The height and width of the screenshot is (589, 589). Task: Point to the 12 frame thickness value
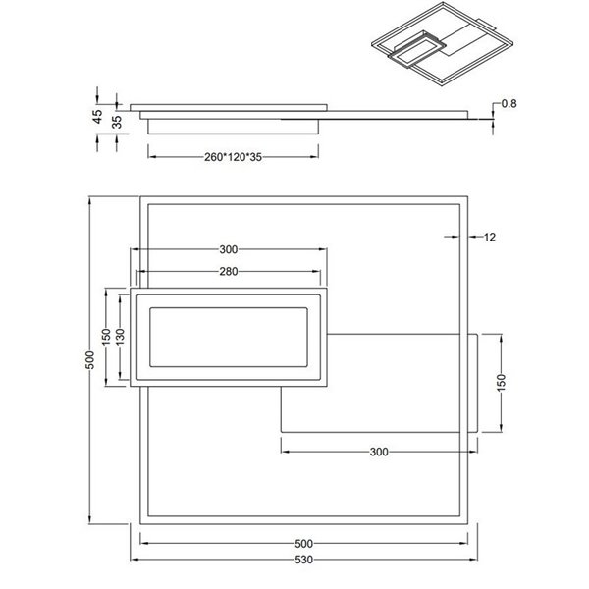(x=491, y=237)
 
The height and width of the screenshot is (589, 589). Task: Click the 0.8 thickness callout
(x=509, y=104)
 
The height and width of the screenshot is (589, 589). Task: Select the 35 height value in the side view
(x=117, y=122)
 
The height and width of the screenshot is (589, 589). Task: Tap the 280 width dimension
(x=229, y=272)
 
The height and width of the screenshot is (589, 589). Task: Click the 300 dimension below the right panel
(x=380, y=453)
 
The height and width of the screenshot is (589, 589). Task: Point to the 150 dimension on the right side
(x=501, y=381)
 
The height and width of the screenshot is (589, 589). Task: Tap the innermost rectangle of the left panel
(x=230, y=337)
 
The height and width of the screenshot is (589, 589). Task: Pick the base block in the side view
(x=234, y=126)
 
